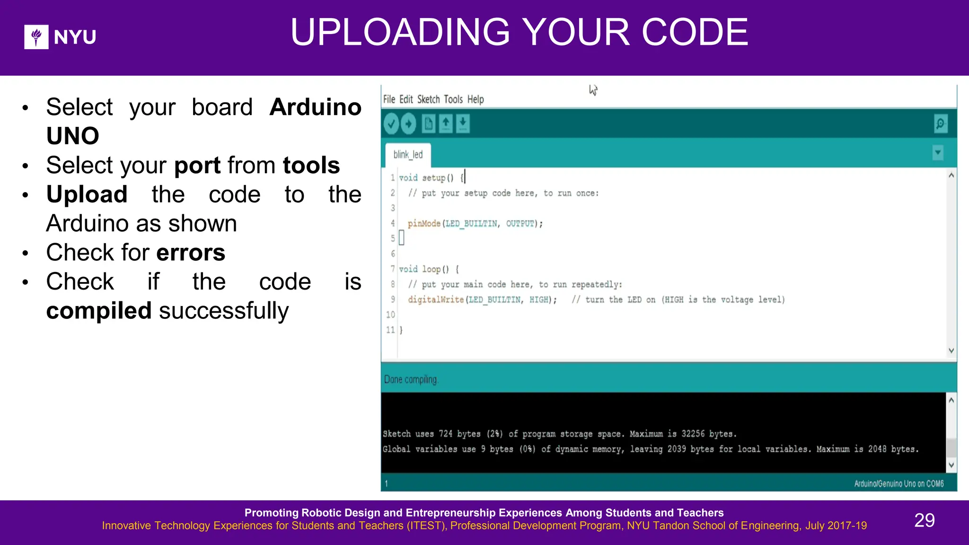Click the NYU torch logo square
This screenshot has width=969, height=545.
point(36,37)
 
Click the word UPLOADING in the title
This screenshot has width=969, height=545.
point(400,32)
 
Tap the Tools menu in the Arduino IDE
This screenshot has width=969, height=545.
point(453,99)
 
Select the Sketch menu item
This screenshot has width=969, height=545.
point(428,99)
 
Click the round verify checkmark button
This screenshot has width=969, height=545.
point(391,124)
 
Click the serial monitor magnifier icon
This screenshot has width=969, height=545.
point(941,124)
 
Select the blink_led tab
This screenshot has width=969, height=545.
point(408,155)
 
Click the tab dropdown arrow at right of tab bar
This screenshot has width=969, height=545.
point(938,153)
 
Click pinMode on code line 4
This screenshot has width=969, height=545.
point(424,223)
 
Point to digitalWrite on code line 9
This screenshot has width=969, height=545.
point(436,299)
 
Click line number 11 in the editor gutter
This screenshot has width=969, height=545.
point(390,330)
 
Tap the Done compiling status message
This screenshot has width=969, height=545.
point(411,379)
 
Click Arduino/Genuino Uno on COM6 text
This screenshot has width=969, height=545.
point(899,483)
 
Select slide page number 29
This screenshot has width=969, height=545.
point(924,520)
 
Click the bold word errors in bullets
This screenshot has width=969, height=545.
point(191,253)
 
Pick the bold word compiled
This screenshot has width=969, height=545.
point(99,311)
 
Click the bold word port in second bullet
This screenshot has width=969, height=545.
point(197,166)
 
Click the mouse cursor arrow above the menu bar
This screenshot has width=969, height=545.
point(593,89)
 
